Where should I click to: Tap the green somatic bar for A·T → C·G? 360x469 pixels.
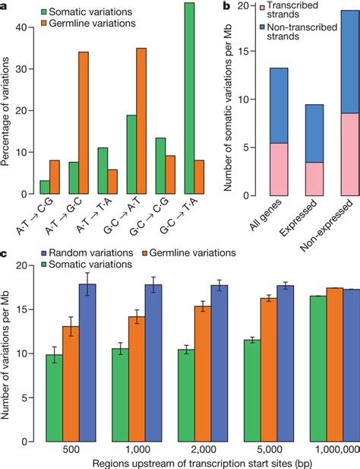(x=46, y=187)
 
